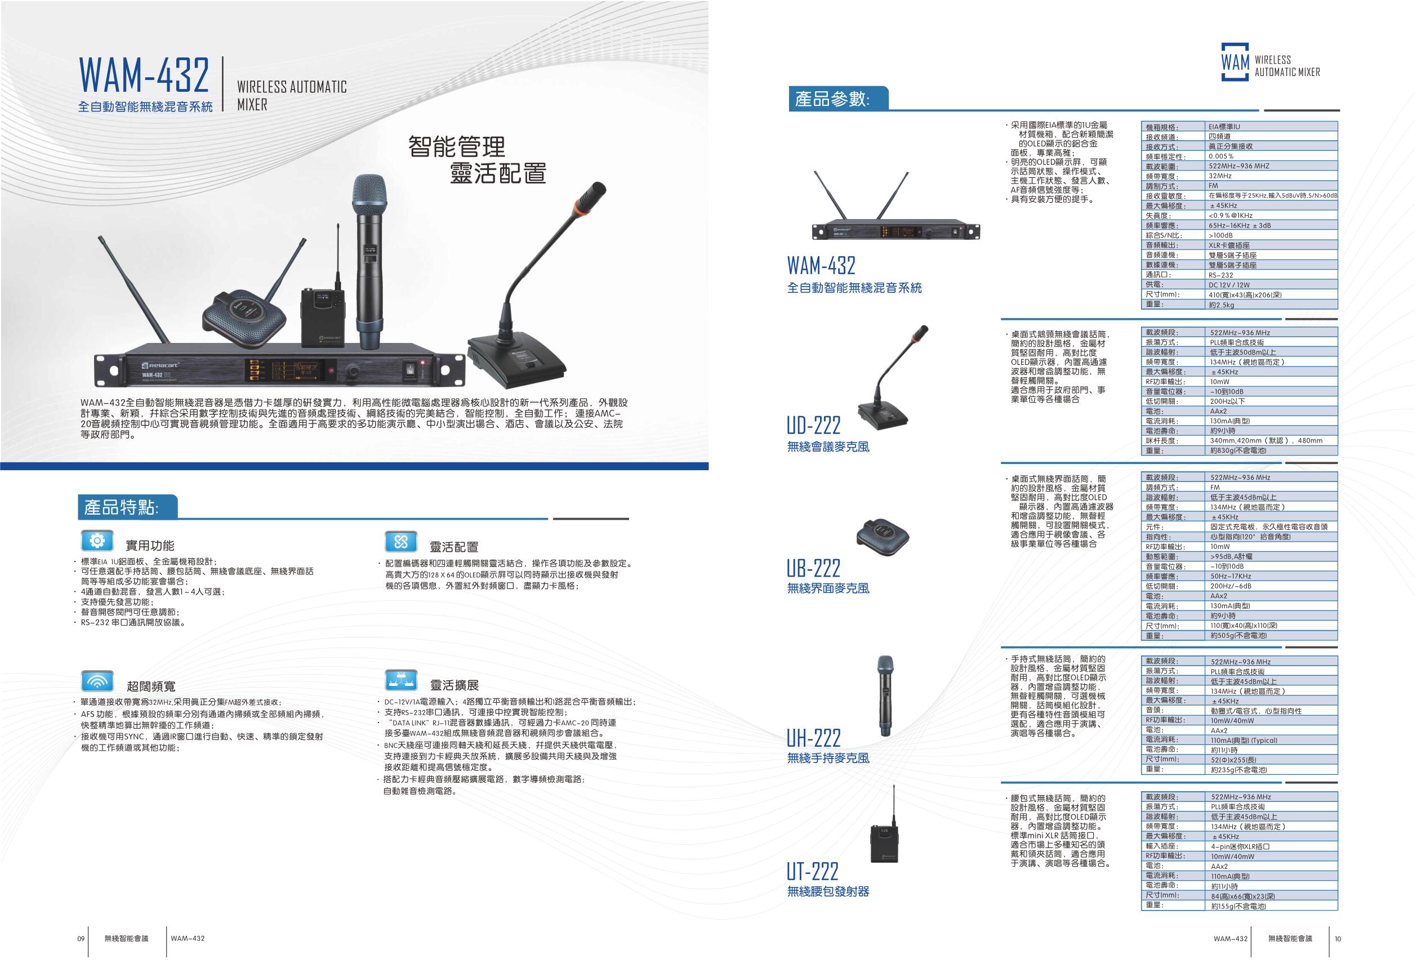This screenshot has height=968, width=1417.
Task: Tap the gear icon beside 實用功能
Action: coord(97,541)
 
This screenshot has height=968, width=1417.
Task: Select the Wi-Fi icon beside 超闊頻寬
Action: coord(97,680)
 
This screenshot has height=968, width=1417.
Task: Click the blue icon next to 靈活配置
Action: coord(400,541)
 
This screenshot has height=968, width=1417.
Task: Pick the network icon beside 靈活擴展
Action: coord(400,679)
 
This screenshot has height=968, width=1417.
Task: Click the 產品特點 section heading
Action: coord(121,507)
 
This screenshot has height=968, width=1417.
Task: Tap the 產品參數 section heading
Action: coord(832,99)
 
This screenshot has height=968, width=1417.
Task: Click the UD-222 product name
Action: coord(813,425)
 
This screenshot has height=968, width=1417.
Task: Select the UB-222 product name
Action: coord(814,568)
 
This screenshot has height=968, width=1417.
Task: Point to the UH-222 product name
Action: coord(813,738)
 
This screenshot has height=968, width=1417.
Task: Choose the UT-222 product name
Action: coord(812,871)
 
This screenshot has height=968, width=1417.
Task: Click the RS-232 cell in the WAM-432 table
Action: coord(1220,275)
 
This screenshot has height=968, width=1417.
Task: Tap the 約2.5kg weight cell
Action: coord(1222,305)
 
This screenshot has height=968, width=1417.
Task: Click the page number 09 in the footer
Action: coord(81,939)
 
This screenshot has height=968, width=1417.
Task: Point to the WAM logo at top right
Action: coord(1235,62)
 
